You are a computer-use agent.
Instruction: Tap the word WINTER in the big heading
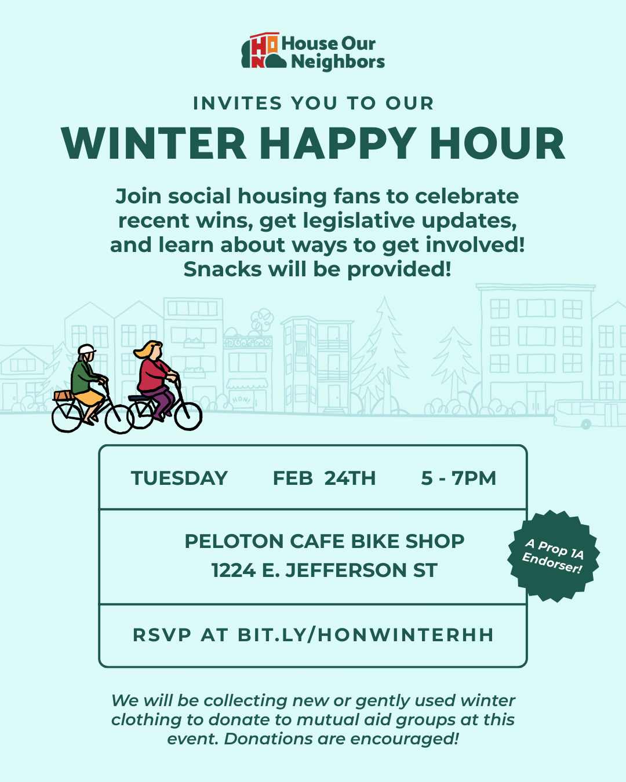[x=154, y=144]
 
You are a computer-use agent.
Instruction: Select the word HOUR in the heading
[x=497, y=144]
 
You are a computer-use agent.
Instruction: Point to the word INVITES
[x=237, y=103]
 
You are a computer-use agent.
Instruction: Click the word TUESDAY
[x=179, y=478]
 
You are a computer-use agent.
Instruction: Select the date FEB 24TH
[x=324, y=478]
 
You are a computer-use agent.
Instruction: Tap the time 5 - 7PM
[x=458, y=478]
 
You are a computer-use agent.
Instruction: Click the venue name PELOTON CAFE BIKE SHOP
[x=324, y=541]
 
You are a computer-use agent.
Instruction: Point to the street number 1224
[x=233, y=571]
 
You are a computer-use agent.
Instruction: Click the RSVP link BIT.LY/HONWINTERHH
[x=365, y=635]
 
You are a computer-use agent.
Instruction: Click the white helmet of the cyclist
[x=86, y=350]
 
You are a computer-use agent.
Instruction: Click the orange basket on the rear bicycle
[x=63, y=396]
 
